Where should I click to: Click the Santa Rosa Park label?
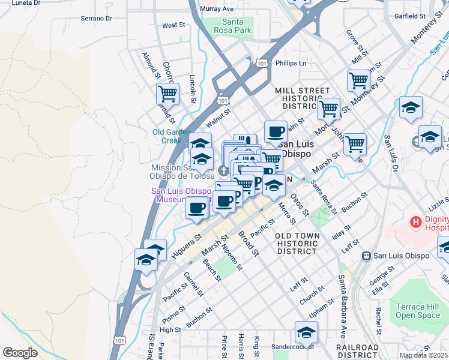[x=235, y=26]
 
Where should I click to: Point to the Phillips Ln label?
[x=291, y=62]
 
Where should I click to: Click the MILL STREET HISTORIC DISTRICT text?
[x=302, y=98]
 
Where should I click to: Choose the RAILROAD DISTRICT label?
[x=357, y=352]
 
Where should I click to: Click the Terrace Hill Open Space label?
[x=418, y=311]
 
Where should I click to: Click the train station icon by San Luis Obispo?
[x=365, y=256]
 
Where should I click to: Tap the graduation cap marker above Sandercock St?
[x=306, y=331]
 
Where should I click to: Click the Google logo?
[x=20, y=353]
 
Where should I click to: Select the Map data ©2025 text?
[x=423, y=355]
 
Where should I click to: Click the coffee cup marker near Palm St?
[x=276, y=131]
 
